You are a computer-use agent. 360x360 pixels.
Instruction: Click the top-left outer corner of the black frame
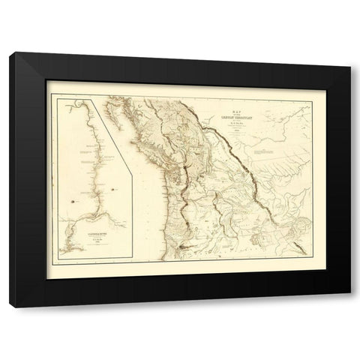click(x=14, y=53)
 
